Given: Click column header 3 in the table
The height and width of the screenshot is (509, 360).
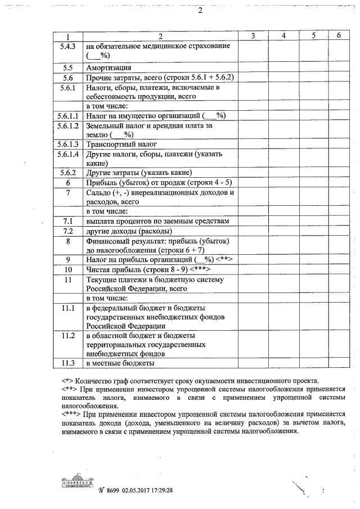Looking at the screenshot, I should click(253, 36).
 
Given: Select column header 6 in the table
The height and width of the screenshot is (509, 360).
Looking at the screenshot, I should click(339, 36).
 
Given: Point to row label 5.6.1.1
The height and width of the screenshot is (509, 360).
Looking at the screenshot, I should click(67, 115).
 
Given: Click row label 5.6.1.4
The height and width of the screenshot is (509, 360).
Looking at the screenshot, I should click(67, 154).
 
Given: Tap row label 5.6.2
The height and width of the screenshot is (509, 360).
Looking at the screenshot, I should click(67, 173).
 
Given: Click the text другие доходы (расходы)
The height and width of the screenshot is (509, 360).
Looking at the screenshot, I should click(129, 231).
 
